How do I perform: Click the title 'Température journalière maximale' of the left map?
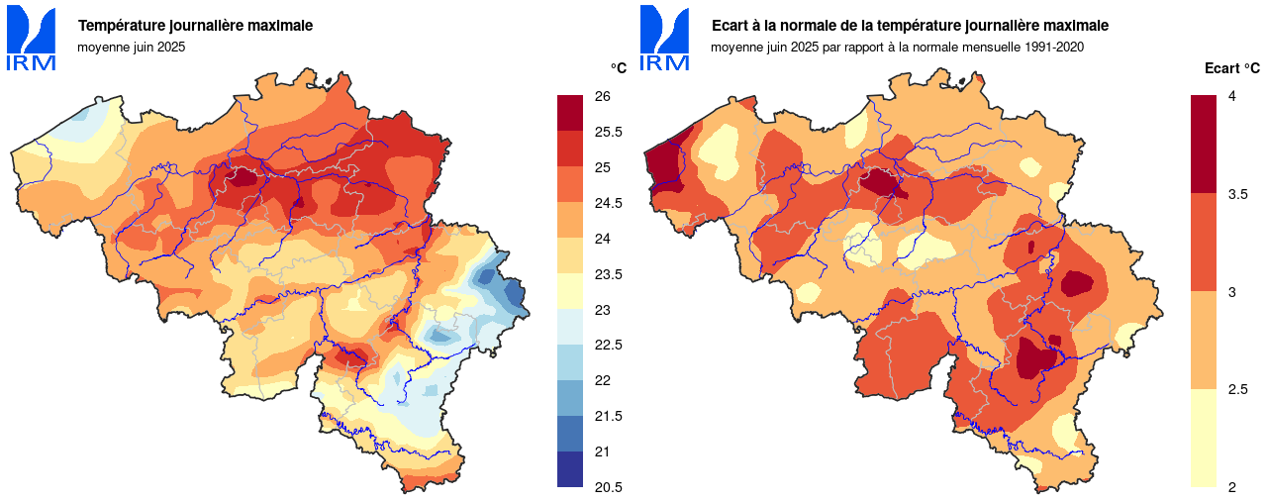(x=195, y=26)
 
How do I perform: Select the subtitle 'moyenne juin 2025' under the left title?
(x=132, y=47)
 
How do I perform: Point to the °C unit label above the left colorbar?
(x=619, y=68)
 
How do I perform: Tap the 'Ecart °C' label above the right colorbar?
(x=1232, y=68)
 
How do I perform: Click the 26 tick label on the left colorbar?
(x=602, y=96)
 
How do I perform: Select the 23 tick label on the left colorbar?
(x=602, y=310)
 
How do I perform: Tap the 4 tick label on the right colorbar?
(x=1231, y=96)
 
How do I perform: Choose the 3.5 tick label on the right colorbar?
(x=1237, y=194)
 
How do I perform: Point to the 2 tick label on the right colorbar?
(x=1231, y=487)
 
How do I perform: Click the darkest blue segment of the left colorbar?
(x=570, y=468)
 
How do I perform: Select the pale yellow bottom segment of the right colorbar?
(x=1203, y=438)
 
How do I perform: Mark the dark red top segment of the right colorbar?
(x=1203, y=144)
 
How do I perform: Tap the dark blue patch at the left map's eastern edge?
(x=514, y=293)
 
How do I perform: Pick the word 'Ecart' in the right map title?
(x=731, y=26)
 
